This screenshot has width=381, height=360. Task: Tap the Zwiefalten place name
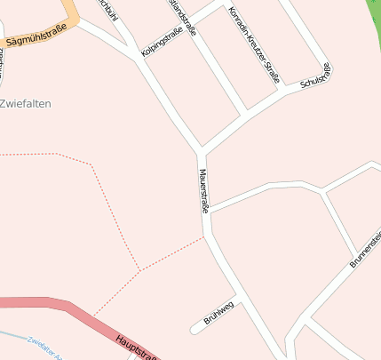(x=26, y=104)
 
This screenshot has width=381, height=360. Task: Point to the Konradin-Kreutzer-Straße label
(x=254, y=45)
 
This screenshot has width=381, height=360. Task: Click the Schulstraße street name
(x=316, y=76)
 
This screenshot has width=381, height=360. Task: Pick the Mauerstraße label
(x=203, y=190)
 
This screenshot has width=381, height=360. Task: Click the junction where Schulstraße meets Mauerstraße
(x=201, y=150)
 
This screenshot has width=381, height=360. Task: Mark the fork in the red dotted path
(x=139, y=269)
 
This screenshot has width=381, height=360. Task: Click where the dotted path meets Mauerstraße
(x=204, y=237)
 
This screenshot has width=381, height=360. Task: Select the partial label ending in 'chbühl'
(x=106, y=9)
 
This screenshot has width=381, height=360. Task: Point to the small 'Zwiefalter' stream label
(x=44, y=348)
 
